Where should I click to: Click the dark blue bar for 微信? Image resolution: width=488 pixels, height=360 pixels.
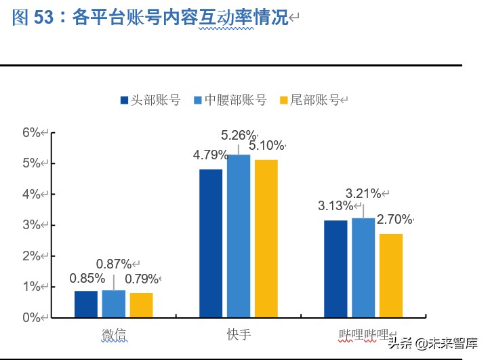[x=85, y=304]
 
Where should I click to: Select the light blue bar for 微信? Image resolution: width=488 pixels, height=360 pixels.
[x=113, y=303]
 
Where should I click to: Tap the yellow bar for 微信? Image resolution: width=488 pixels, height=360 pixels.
[x=141, y=304]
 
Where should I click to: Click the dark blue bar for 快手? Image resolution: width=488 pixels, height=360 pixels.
[x=211, y=243]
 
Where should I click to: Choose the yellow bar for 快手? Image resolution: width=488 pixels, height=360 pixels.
[x=266, y=238]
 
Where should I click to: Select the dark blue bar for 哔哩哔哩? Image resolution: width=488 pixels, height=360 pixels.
[x=335, y=268]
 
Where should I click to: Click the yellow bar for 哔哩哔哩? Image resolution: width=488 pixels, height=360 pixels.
[x=391, y=275]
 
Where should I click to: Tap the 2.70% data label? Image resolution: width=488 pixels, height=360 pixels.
[x=394, y=219]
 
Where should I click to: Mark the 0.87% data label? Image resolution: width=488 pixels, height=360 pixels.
[x=114, y=264]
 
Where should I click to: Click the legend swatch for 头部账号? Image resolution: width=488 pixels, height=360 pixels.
[x=124, y=100]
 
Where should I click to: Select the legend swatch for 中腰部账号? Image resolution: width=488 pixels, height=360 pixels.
[x=198, y=100]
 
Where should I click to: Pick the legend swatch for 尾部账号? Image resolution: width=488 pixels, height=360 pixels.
[x=284, y=100]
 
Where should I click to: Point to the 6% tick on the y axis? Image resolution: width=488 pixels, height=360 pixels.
[x=32, y=132]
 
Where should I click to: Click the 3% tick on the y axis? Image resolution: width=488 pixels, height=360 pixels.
[x=32, y=224]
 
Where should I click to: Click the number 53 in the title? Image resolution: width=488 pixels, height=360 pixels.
[x=43, y=18]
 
